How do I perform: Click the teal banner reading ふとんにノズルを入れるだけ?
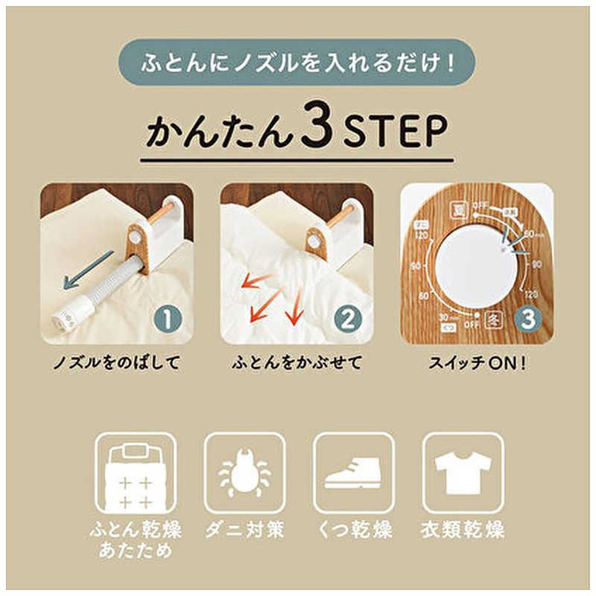tap(298, 62)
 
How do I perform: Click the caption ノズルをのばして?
tap(117, 364)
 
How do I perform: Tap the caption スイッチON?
tap(477, 364)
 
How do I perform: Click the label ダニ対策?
tap(244, 530)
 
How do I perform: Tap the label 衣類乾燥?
tap(463, 530)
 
